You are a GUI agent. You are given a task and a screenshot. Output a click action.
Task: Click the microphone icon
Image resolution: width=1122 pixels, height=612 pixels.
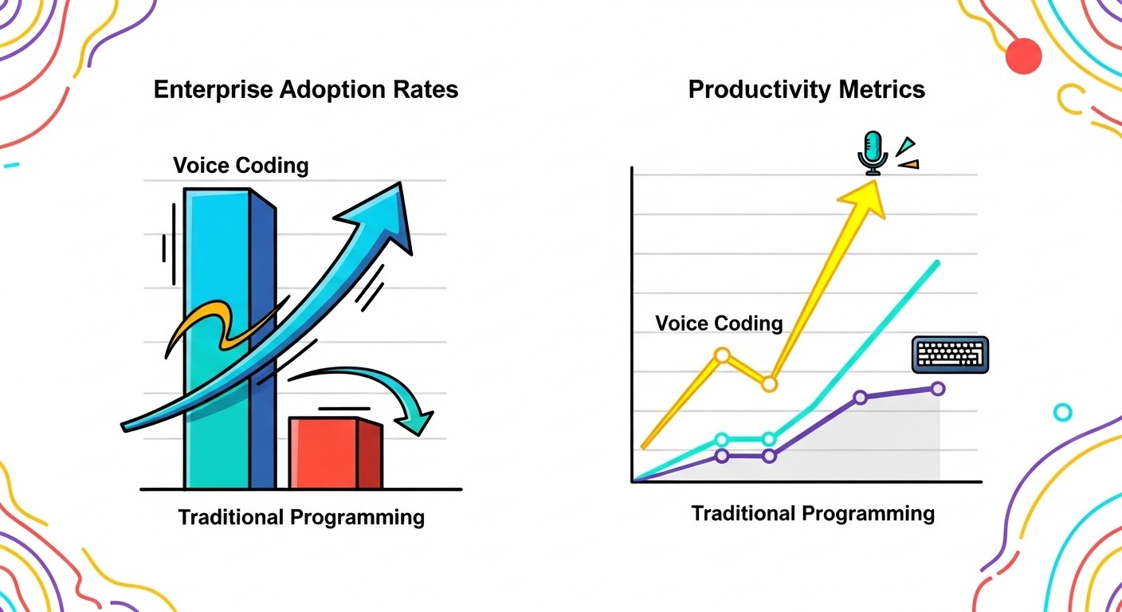click(873, 152)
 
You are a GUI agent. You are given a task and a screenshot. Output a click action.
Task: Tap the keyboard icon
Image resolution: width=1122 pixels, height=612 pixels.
click(950, 354)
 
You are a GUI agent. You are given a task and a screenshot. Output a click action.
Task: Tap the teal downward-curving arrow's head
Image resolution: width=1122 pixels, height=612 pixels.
click(419, 418)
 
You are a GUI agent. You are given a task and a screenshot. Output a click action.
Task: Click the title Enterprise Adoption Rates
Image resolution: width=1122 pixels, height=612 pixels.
click(306, 89)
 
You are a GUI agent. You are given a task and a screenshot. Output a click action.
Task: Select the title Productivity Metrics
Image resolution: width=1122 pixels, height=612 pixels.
click(806, 89)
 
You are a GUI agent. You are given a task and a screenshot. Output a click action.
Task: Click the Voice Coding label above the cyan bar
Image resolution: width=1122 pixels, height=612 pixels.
click(241, 166)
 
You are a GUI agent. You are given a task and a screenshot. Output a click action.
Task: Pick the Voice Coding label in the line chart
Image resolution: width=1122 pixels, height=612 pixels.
click(719, 323)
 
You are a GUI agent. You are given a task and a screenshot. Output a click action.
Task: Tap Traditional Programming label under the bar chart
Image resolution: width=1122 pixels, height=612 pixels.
click(301, 517)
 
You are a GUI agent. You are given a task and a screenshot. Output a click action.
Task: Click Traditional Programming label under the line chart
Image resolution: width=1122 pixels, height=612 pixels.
click(813, 513)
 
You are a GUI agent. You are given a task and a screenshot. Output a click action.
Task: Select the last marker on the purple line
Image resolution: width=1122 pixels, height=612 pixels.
click(938, 388)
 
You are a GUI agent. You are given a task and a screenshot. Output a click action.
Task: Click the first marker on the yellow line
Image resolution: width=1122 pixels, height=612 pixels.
click(722, 355)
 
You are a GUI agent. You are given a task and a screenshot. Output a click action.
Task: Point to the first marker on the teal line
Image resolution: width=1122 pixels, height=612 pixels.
click(722, 439)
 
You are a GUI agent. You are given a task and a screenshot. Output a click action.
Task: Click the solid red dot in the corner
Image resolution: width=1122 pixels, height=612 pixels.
click(1024, 57)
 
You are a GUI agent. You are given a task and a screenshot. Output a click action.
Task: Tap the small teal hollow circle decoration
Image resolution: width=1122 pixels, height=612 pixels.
click(1062, 412)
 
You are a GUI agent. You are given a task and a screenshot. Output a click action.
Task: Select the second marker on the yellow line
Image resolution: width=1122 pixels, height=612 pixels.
click(769, 384)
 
